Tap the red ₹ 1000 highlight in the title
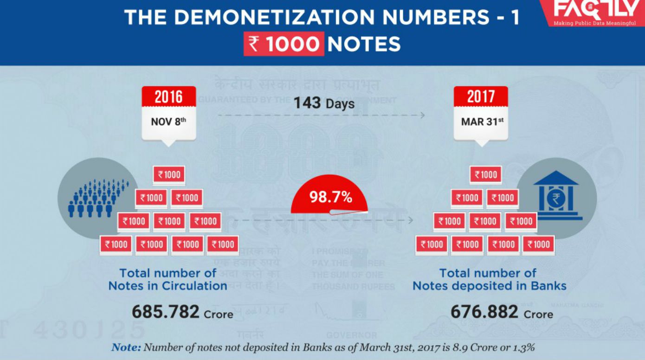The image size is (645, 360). pos(284,44)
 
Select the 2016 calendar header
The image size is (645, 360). pos(168,97)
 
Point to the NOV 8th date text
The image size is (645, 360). pos(168,122)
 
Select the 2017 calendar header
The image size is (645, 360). pos(480,97)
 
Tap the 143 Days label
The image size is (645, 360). pos(323,103)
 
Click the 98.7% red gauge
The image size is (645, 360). pos(329,197)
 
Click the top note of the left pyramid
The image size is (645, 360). pos(169,175)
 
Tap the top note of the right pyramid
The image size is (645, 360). pos(486,175)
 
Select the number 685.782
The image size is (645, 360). pos(166,312)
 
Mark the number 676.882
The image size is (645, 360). pos(484,312)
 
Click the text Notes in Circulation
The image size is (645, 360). pos(168,286)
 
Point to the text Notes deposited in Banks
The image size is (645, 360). pos(490,286)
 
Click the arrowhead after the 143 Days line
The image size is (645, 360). pos(422,115)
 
